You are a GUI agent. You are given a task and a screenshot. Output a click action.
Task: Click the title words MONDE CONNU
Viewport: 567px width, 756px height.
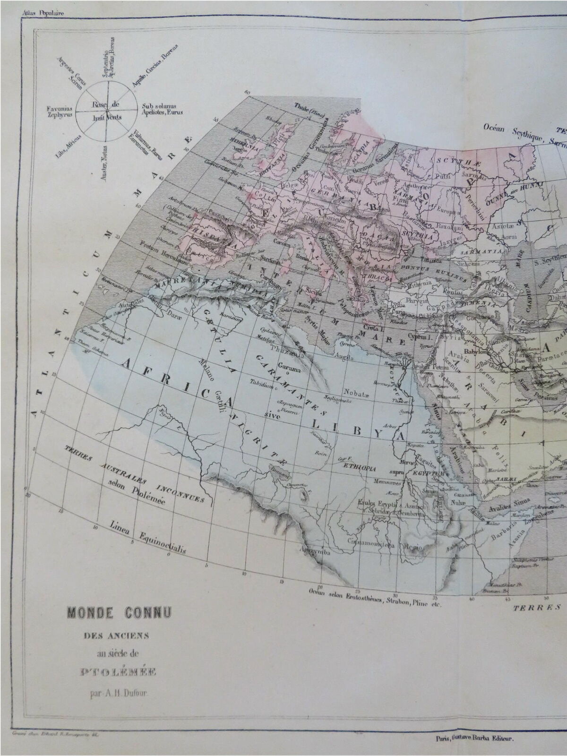[x=120, y=613]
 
